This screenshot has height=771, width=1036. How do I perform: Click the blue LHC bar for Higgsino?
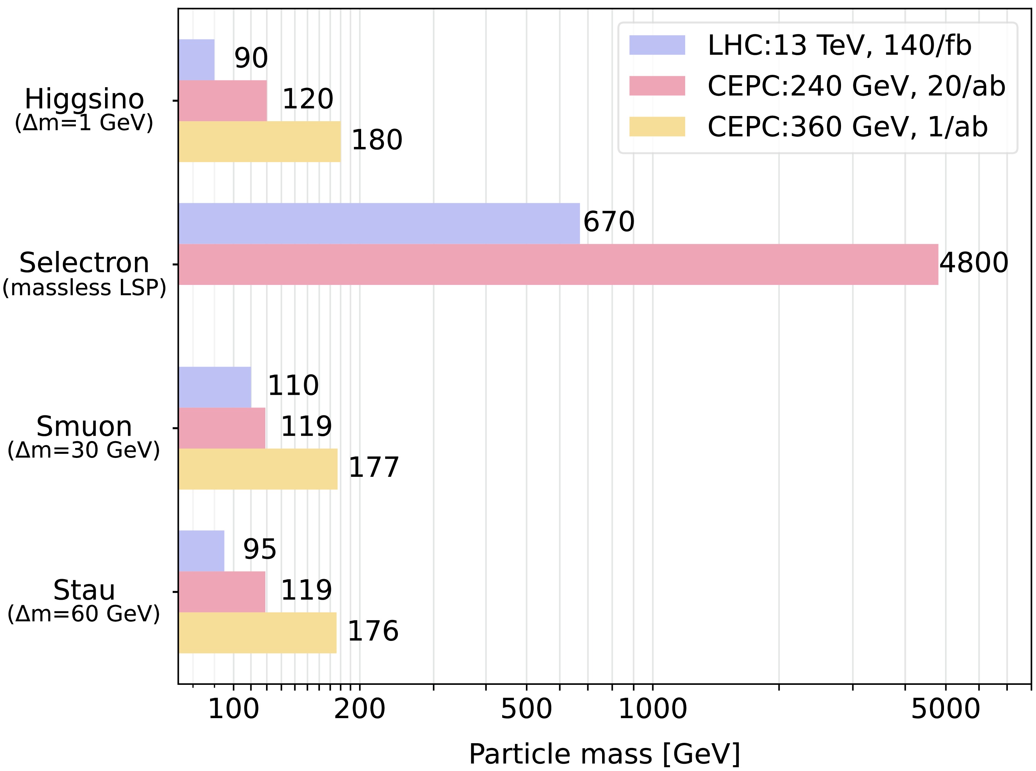coord(196,60)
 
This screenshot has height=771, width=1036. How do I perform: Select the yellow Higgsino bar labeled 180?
coord(260,141)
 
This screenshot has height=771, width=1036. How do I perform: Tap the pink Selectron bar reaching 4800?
coord(558,264)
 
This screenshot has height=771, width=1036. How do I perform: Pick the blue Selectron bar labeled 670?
coord(379,223)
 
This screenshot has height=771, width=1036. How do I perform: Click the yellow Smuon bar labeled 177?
coord(258,469)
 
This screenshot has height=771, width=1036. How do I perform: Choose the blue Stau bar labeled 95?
coord(202,551)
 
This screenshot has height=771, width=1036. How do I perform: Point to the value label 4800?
coord(974,263)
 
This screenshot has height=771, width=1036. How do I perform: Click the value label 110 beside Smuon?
coord(293,385)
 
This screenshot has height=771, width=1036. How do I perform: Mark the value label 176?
coord(373,631)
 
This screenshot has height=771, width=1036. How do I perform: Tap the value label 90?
coord(251,58)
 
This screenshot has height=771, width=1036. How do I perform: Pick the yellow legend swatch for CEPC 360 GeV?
coord(657,126)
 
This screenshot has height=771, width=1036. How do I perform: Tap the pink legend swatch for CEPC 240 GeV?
coord(657,86)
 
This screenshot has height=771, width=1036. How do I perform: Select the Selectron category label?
coord(84,263)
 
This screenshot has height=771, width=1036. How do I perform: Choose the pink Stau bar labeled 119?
coord(222,592)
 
